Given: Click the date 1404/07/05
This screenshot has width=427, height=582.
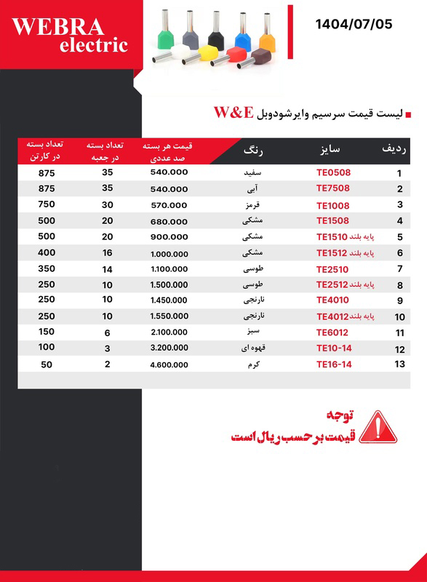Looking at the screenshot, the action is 354,24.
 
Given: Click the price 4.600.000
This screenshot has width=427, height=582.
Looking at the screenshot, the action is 169,364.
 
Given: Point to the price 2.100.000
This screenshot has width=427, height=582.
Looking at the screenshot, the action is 169,332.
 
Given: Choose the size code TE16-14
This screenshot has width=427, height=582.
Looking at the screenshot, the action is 334,364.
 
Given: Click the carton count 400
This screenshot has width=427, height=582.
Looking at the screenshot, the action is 47,252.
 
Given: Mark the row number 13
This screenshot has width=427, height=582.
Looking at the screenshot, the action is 399,364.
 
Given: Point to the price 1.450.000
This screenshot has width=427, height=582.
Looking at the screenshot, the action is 169,300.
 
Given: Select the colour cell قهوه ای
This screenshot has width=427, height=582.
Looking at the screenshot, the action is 251,348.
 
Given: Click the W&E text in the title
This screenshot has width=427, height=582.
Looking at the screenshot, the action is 233,113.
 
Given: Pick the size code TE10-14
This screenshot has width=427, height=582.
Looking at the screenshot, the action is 334,348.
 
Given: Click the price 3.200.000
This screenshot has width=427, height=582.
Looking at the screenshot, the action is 169,348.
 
